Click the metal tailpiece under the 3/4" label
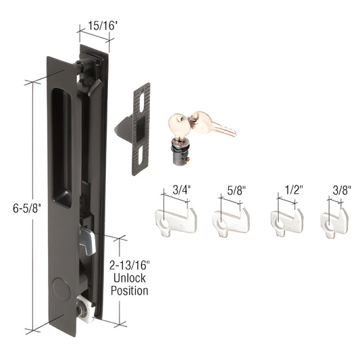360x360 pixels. [176, 220]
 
